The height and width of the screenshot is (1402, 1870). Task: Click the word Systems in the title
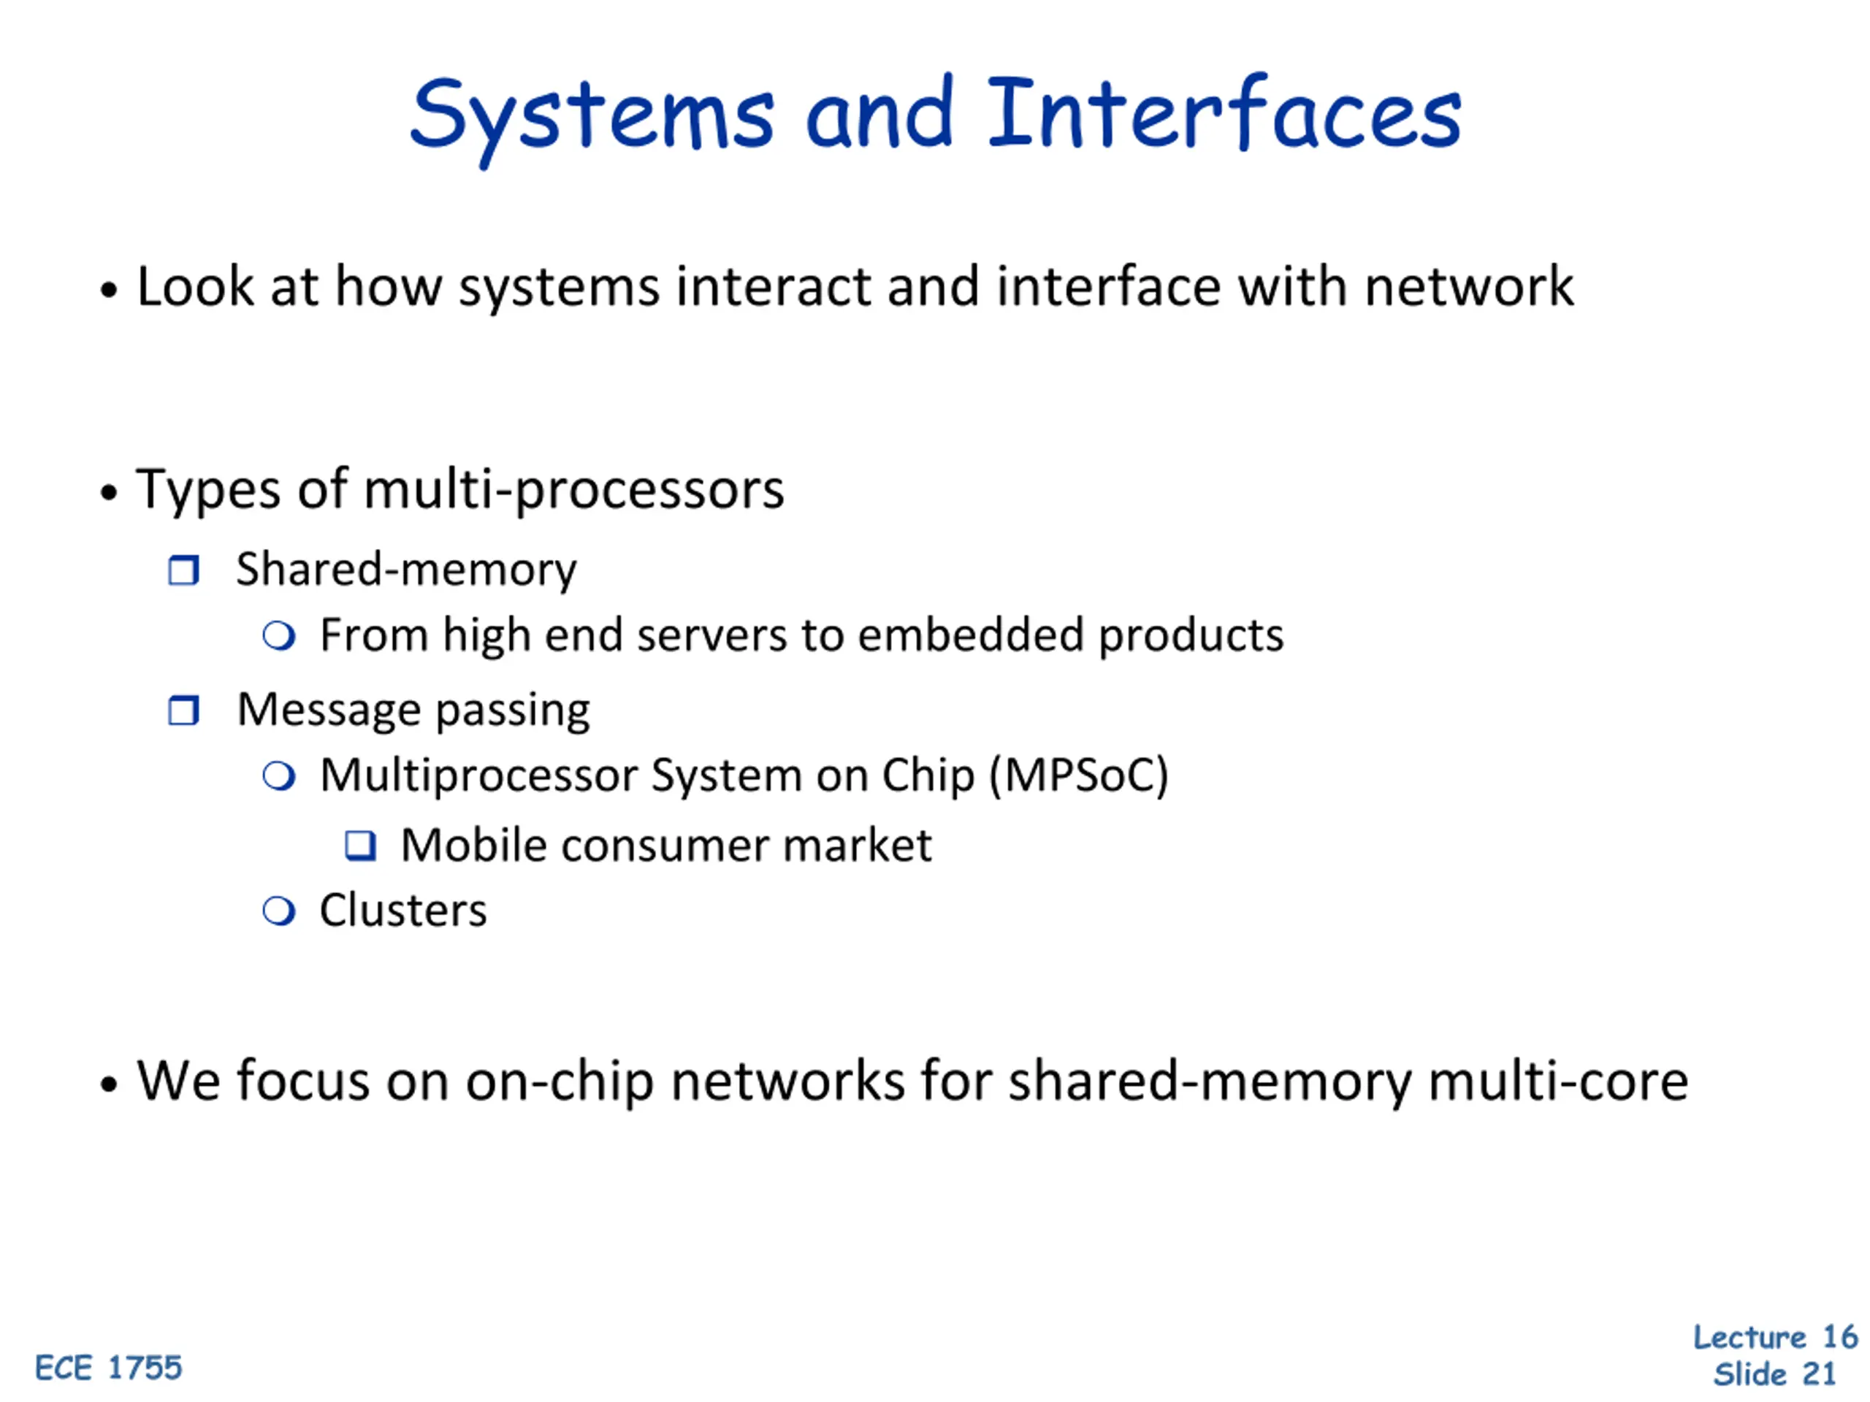pos(592,115)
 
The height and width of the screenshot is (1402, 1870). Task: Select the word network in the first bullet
pos(1468,286)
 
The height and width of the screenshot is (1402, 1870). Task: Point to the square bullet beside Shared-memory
pos(183,570)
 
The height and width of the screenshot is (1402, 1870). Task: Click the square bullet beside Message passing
pos(183,710)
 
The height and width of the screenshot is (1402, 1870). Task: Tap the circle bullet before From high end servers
pos(279,635)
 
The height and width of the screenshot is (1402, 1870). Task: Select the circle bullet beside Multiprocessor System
pos(279,775)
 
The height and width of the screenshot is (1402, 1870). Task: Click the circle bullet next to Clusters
pos(279,911)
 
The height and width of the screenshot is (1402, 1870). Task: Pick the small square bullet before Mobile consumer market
pos(361,845)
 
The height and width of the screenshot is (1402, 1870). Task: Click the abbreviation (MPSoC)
pos(1079,775)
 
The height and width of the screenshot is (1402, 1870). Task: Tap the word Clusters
pos(402,911)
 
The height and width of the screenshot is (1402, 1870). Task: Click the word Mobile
pos(473,845)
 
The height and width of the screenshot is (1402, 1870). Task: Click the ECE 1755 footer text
pos(108,1368)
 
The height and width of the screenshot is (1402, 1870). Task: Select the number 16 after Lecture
pos(1839,1337)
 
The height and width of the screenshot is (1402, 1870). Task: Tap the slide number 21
pos(1820,1374)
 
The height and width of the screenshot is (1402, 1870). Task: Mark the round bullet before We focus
pos(108,1084)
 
